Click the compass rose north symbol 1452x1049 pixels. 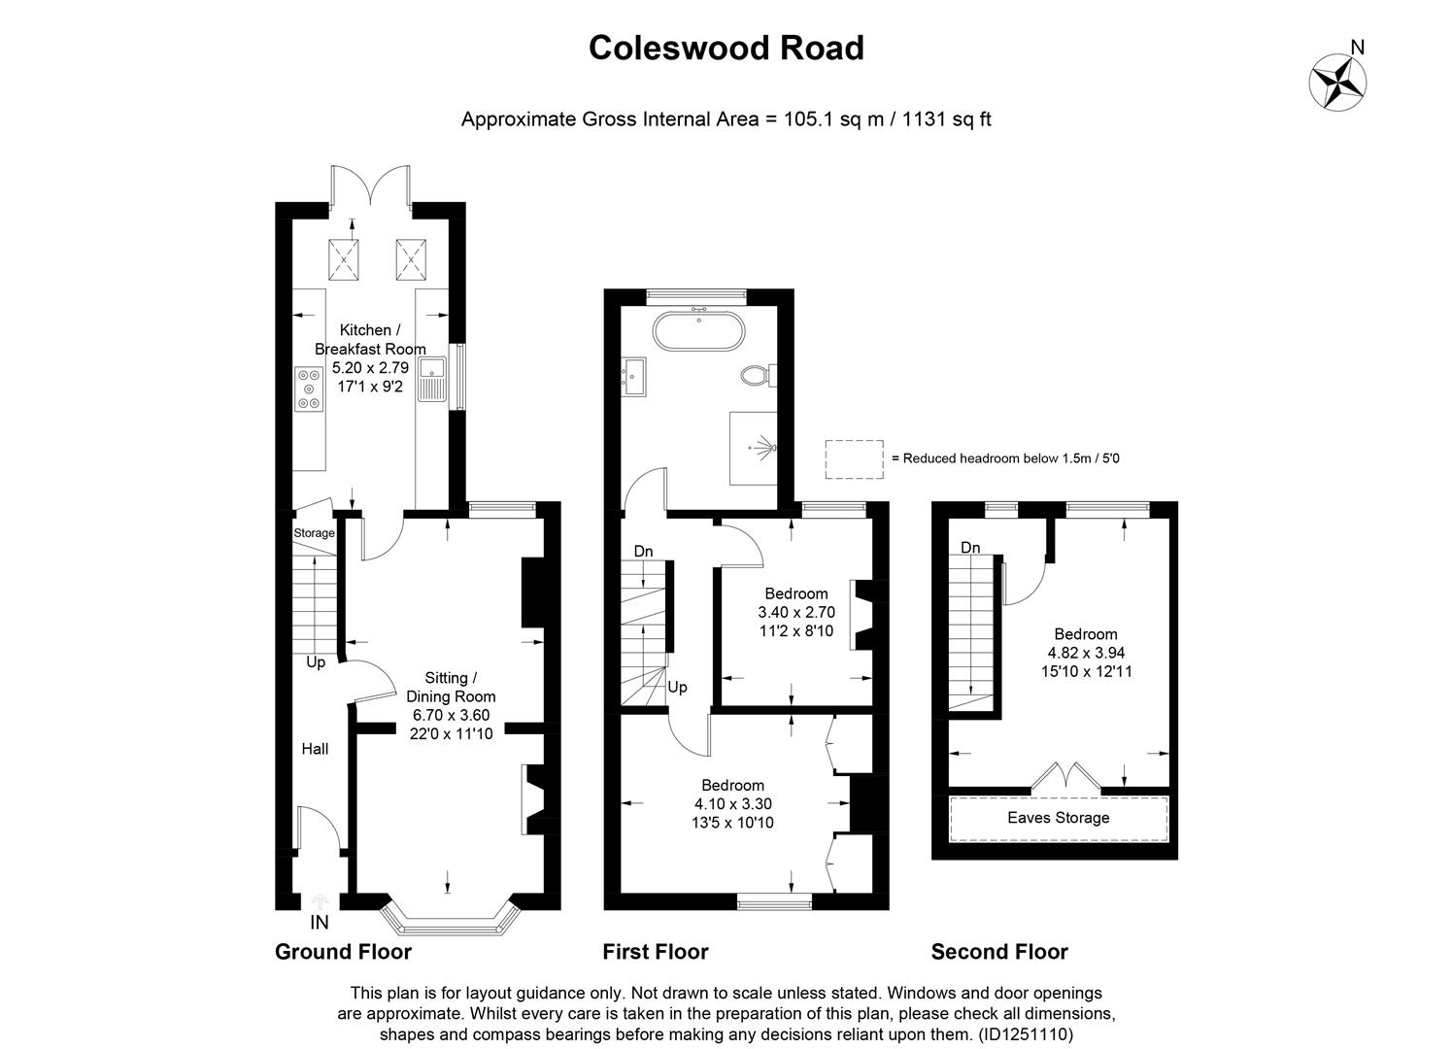(1338, 79)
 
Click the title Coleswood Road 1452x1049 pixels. (726, 48)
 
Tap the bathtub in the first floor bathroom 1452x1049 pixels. (699, 331)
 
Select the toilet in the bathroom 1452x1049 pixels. (755, 375)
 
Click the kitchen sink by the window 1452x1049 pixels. (431, 379)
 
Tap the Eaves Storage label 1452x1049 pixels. (1058, 818)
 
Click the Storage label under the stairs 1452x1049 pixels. (314, 533)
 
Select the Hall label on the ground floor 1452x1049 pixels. (315, 749)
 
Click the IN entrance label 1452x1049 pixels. (320, 923)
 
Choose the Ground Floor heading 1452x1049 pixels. (343, 952)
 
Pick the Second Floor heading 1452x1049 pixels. (998, 952)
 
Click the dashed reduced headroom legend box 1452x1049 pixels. (854, 458)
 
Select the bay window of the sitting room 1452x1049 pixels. (448, 919)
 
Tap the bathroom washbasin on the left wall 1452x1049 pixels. (636, 375)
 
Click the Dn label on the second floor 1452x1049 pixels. (970, 548)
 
